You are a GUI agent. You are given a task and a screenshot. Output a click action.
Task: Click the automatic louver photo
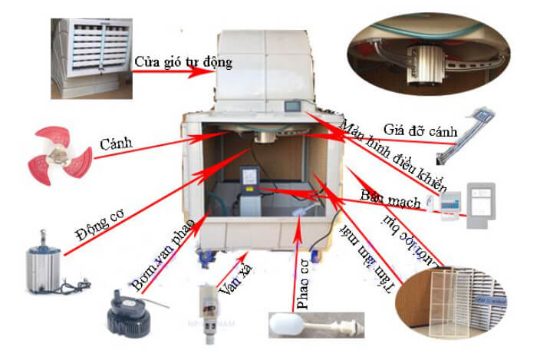pyautogui.click(x=89, y=58)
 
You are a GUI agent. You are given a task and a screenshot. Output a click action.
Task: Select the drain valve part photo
pyautogui.click(x=210, y=307)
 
